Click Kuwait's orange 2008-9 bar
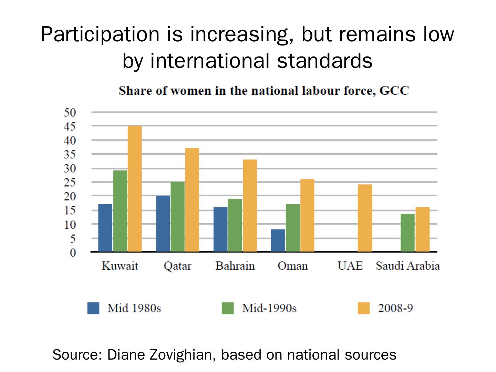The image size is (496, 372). [134, 189]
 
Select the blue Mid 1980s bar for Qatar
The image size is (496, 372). [163, 224]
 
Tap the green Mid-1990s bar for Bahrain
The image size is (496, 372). [235, 225]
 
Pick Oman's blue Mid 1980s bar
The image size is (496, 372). [278, 240]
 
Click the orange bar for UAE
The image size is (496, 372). [365, 218]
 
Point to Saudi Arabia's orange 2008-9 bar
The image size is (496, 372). [422, 229]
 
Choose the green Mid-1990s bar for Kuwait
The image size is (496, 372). [120, 211]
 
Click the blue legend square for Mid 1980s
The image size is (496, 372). [93, 308]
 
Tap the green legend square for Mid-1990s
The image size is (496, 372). [228, 308]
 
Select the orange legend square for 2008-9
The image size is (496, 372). [363, 308]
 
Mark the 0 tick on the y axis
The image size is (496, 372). [73, 252]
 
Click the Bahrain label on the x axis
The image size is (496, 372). [235, 266]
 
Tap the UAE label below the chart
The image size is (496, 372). [350, 266]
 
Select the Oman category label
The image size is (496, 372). [292, 266]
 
